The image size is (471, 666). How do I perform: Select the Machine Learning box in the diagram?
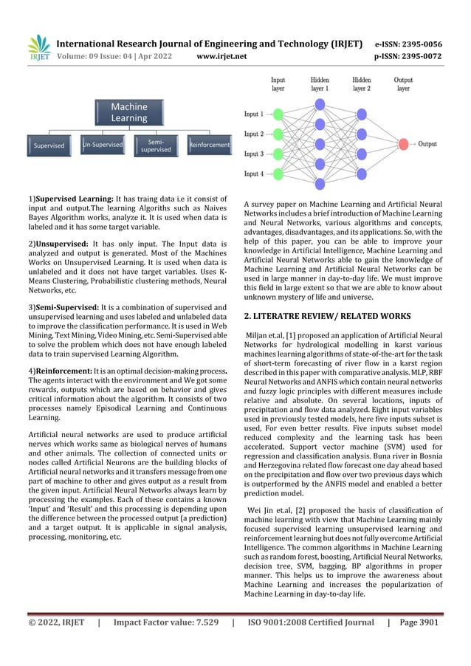(x=129, y=112)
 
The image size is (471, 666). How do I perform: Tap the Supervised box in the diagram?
(x=49, y=145)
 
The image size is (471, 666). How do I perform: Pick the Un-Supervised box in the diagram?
(x=103, y=145)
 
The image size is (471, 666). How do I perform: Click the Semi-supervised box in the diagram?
(x=156, y=145)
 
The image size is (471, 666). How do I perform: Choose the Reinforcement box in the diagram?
(x=209, y=145)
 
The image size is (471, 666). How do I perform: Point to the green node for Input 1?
(x=278, y=114)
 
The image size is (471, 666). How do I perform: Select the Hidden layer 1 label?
(x=319, y=83)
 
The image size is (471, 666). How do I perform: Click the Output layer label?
(x=403, y=83)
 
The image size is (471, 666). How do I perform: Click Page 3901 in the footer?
(x=419, y=643)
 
